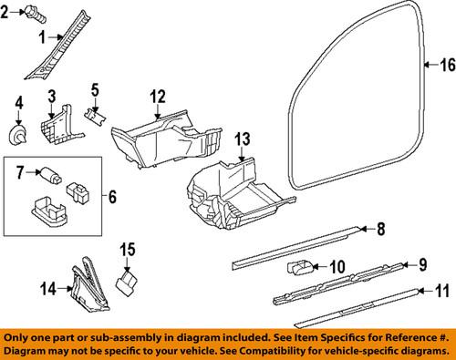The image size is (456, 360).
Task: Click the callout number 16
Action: pos(446,65)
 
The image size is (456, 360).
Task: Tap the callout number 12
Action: pos(158,97)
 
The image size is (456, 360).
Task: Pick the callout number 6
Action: pos(112,195)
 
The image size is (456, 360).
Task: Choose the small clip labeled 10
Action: pos(300,267)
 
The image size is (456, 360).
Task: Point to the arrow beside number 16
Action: pos(430,65)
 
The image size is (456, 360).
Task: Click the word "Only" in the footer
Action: pos(19,336)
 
